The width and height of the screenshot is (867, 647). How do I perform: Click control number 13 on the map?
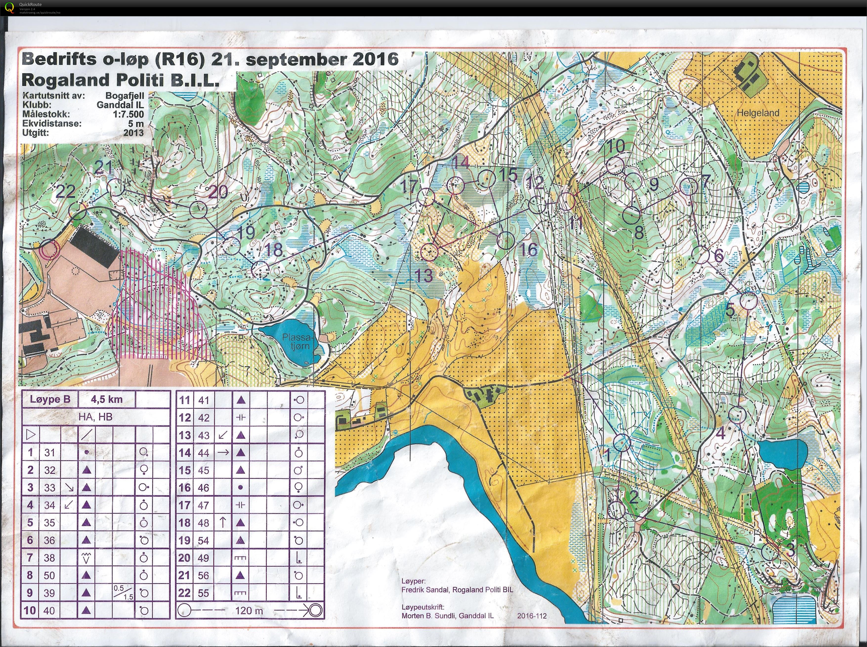(423, 276)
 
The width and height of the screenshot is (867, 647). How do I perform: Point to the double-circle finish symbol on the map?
(50, 249)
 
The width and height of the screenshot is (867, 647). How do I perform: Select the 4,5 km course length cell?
(106, 400)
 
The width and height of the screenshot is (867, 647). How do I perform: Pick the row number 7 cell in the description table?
(30, 558)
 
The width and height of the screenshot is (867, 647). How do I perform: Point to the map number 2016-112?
(531, 616)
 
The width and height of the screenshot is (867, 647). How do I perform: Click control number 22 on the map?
(65, 192)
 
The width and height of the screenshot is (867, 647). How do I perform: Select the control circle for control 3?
(770, 552)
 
